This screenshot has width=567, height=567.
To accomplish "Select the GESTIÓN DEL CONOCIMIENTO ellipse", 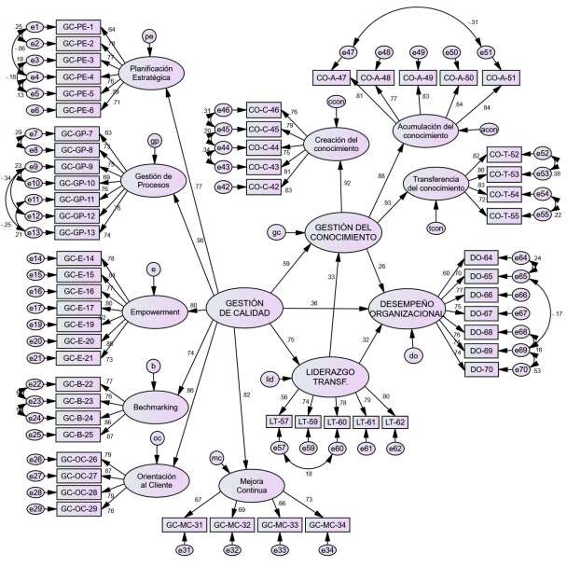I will [x=344, y=233].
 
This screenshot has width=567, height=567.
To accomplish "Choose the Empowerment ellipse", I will [x=155, y=313].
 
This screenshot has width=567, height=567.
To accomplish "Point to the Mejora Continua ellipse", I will [x=247, y=485].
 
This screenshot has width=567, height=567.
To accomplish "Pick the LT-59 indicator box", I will [x=309, y=422].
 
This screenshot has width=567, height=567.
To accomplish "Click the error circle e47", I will [x=349, y=52].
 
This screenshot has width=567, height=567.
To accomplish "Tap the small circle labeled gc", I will [x=276, y=231].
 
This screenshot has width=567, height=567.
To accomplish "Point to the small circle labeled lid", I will [x=269, y=379].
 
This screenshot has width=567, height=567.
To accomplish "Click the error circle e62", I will [x=395, y=449].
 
